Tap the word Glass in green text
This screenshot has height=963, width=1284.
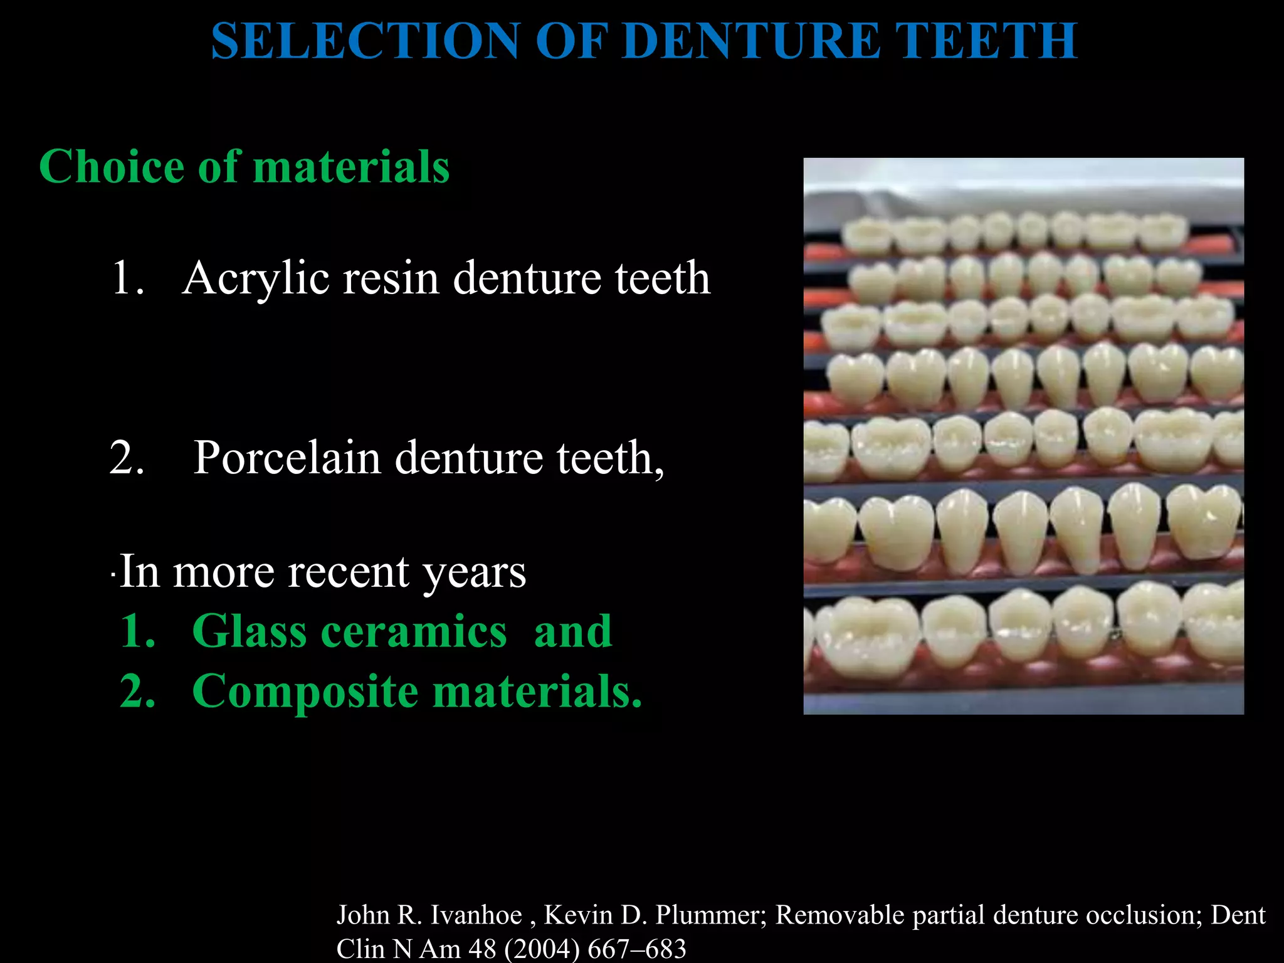249,631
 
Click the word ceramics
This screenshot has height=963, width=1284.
414,631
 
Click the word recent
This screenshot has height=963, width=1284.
348,572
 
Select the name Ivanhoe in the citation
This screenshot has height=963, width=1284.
476,916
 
